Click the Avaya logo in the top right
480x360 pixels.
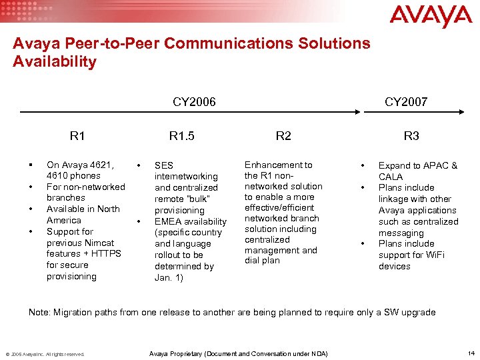point(430,17)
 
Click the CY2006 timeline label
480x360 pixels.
point(194,102)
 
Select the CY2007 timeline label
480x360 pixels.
point(406,102)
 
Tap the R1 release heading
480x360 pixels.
point(77,136)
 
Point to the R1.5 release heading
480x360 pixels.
point(181,136)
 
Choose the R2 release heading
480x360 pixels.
point(283,136)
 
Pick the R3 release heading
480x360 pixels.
point(411,136)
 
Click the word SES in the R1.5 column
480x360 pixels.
point(163,165)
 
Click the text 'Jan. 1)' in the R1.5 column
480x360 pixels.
point(169,277)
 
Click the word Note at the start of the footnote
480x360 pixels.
point(39,313)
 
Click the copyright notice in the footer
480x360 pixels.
point(45,354)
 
